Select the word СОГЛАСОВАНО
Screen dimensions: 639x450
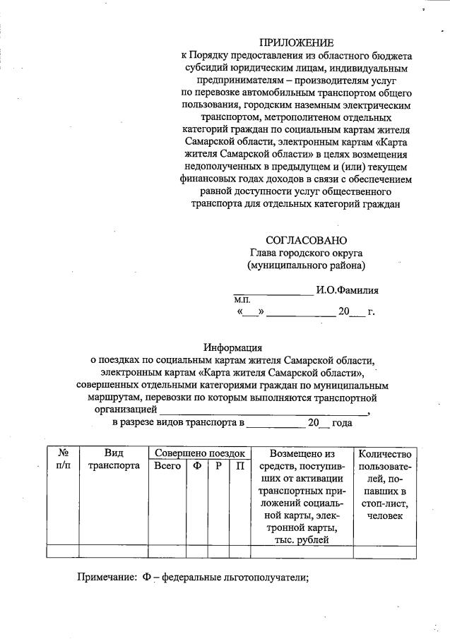click(306, 241)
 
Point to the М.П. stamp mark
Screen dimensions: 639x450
click(243, 300)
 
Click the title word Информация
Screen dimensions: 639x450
click(233, 347)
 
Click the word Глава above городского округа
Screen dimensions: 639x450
click(266, 253)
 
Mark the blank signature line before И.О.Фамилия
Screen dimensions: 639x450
click(273, 292)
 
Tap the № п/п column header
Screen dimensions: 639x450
click(62, 460)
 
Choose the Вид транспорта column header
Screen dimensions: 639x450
click(113, 460)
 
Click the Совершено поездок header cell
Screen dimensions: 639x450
click(199, 453)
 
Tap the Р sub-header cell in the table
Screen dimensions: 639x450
click(219, 466)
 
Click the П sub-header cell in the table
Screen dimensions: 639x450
click(240, 466)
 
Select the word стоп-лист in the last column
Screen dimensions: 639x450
click(385, 504)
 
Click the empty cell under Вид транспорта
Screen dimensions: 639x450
click(113, 551)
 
